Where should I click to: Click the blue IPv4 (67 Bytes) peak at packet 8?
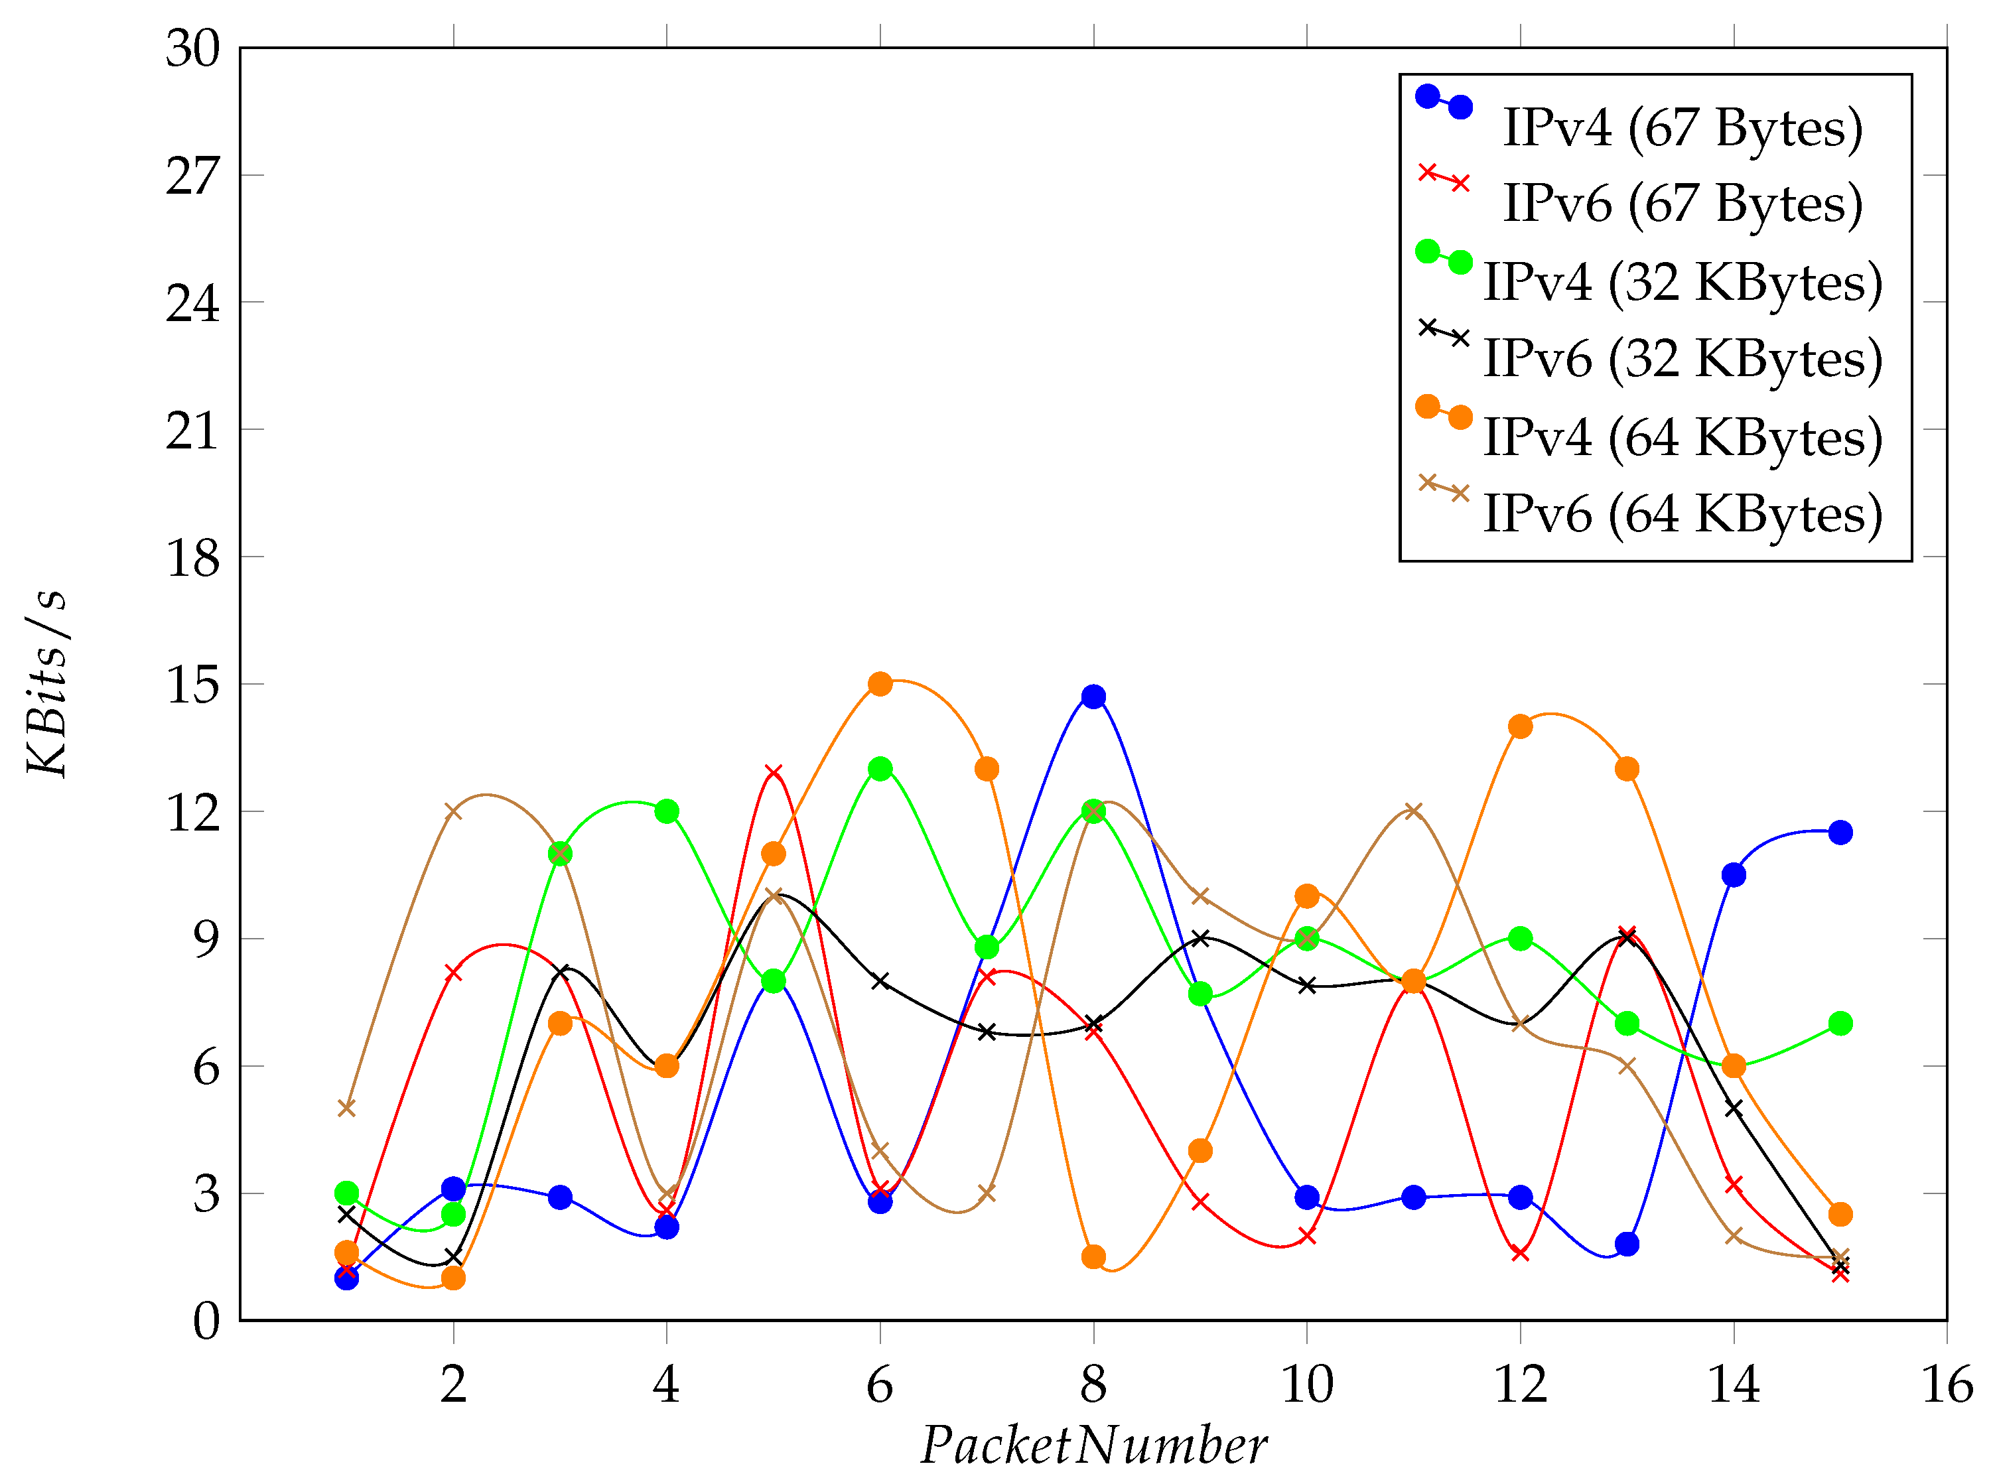pyautogui.click(x=1093, y=696)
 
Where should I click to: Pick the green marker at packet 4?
pyautogui.click(x=666, y=811)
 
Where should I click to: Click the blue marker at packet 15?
pyautogui.click(x=1840, y=832)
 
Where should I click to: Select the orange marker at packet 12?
pyautogui.click(x=1520, y=726)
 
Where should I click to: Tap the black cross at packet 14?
pyautogui.click(x=1734, y=1109)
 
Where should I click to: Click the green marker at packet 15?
pyautogui.click(x=1840, y=1023)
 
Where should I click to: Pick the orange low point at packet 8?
pyautogui.click(x=1093, y=1256)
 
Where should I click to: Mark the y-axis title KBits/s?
pyautogui.click(x=46, y=683)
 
